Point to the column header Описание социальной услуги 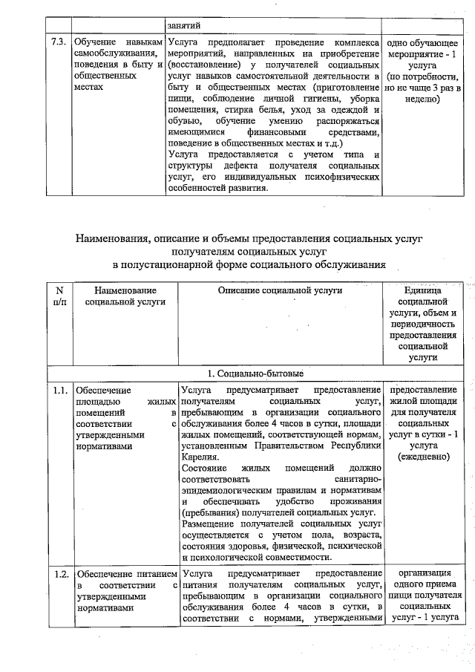point(279,290)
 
